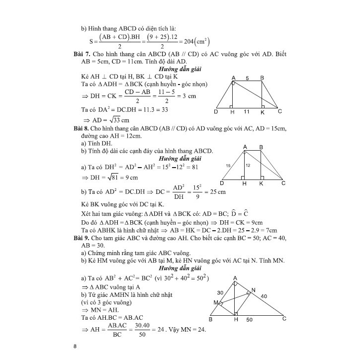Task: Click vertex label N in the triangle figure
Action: [x=254, y=290]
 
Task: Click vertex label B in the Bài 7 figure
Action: [x=262, y=78]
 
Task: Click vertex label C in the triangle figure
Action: [x=284, y=319]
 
